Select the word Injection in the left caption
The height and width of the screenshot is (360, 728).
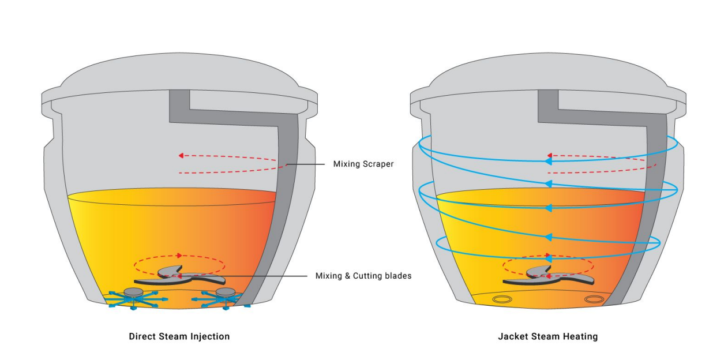click(x=209, y=336)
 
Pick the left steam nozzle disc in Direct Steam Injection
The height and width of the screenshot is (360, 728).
click(x=134, y=292)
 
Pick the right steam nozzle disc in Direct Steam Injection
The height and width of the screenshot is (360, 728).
click(x=225, y=292)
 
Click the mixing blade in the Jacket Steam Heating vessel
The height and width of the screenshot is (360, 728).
click(x=546, y=276)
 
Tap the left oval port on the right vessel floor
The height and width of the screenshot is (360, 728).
click(x=502, y=299)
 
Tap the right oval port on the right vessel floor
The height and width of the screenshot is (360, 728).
click(x=594, y=299)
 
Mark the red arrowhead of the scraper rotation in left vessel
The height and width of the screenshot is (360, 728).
click(x=181, y=155)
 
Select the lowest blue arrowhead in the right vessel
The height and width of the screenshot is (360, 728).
click(x=549, y=237)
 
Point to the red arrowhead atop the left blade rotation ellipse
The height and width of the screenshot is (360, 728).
click(x=180, y=255)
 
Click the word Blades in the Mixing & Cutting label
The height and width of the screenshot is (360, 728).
click(x=397, y=276)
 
